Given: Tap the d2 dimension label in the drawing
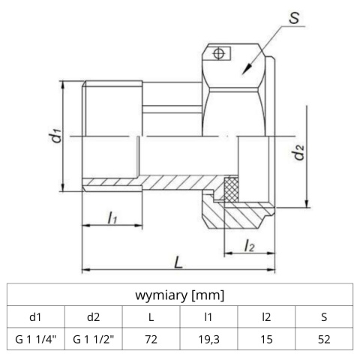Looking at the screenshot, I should coord(299,154).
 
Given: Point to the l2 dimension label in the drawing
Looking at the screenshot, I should coord(249,244).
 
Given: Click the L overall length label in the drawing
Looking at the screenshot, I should coord(178,263).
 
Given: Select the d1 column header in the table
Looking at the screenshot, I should coord(36,317).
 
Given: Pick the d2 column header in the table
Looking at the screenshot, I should coord(94,317).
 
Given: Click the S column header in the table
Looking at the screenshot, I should coord(323,317).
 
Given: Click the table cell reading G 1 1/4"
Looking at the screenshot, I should coord(36,340).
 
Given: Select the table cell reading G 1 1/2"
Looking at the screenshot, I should coord(94,340).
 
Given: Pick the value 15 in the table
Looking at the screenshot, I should coord(266,340).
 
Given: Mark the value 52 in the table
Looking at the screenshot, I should coord(323,340).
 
